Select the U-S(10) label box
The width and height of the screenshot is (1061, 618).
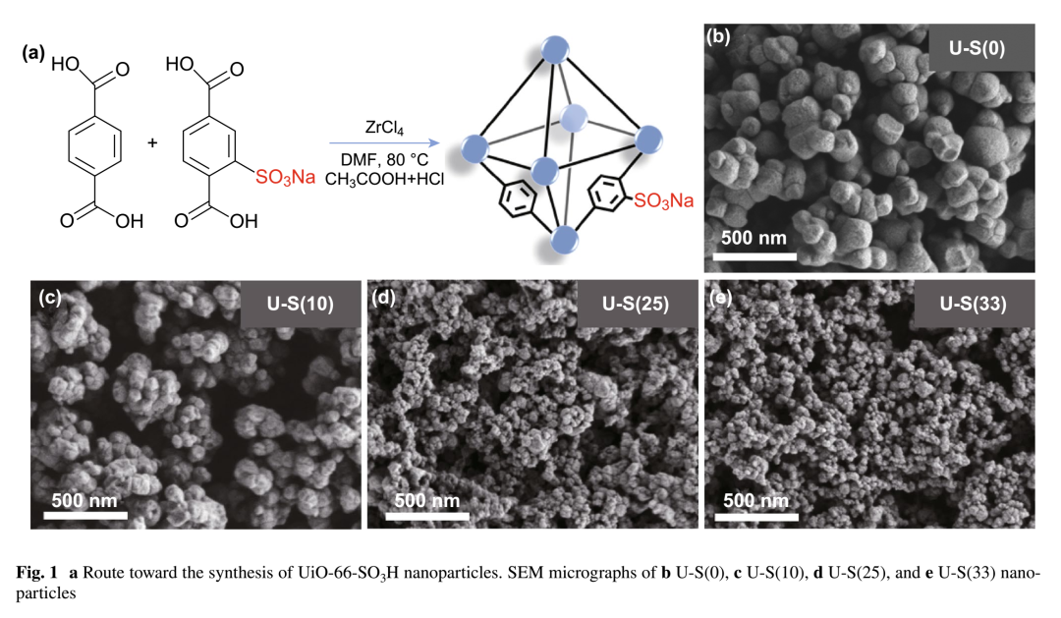pyautogui.click(x=301, y=304)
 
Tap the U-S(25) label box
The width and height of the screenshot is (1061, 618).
pyautogui.click(x=636, y=304)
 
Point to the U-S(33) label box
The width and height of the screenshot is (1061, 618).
pyautogui.click(x=975, y=304)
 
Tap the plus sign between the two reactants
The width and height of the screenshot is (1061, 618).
pyautogui.click(x=152, y=143)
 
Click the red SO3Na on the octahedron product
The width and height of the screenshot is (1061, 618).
pyautogui.click(x=663, y=201)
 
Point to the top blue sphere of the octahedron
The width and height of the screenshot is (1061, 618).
pyautogui.click(x=556, y=48)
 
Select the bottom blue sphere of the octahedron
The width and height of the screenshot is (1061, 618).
pyautogui.click(x=564, y=239)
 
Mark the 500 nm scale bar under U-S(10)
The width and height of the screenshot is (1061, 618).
pyautogui.click(x=84, y=512)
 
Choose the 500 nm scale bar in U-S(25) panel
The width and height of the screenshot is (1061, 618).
pyautogui.click(x=422, y=511)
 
